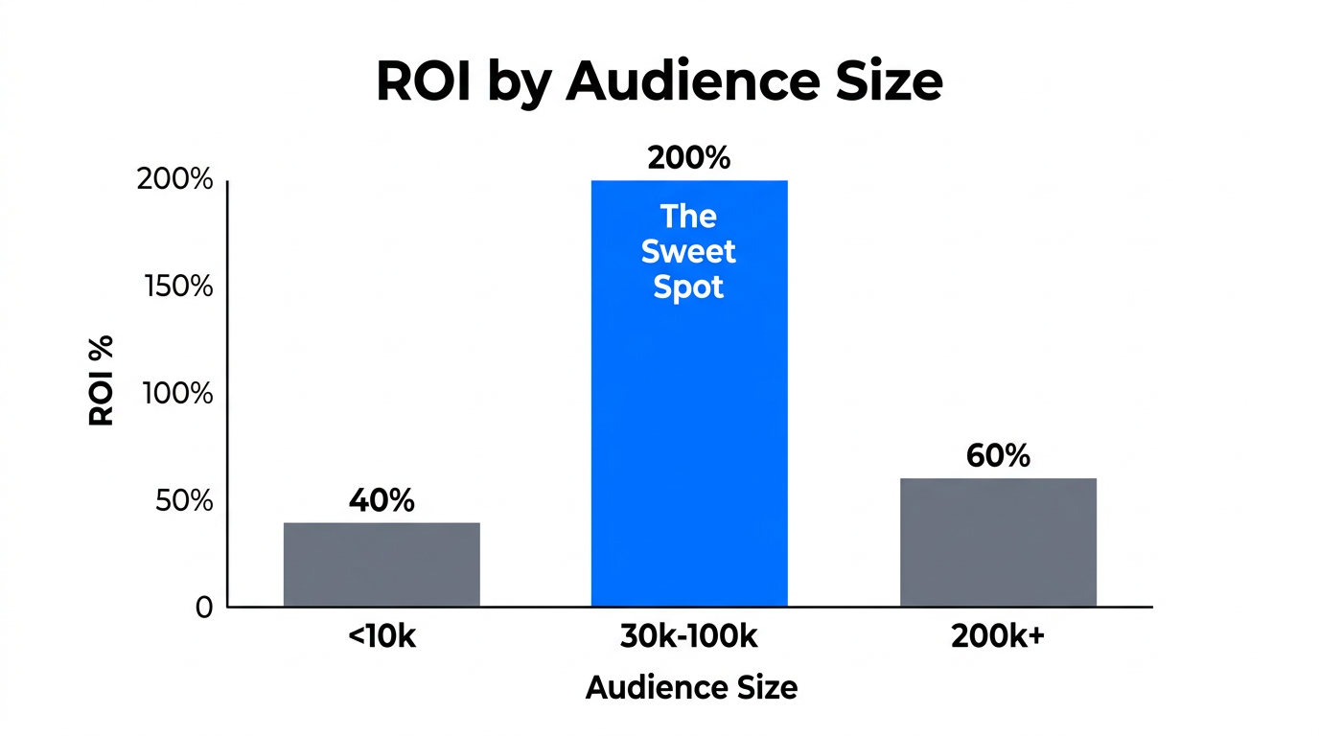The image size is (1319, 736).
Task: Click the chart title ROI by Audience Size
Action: point(659,81)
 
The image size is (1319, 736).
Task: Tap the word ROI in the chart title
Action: point(424,81)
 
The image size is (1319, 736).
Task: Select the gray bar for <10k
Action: point(382,564)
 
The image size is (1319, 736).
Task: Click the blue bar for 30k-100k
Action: point(688,431)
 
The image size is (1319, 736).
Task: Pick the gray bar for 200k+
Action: point(998,542)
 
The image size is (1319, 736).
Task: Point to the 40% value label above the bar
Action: point(382,500)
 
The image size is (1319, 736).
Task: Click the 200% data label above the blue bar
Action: point(688,158)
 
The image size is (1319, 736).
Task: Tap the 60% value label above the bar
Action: point(998,456)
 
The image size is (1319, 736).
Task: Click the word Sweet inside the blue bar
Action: point(688,252)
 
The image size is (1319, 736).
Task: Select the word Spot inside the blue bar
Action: point(688,287)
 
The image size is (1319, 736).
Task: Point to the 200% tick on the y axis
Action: point(174,179)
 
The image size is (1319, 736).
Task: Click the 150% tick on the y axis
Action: point(177,287)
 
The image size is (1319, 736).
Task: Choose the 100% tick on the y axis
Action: point(177,393)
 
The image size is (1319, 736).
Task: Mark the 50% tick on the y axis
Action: point(183,500)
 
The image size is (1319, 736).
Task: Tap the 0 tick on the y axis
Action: point(203,607)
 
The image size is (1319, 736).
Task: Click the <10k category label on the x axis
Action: point(382,638)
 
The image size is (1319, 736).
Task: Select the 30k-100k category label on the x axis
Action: point(688,638)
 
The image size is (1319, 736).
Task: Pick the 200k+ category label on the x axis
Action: point(998,638)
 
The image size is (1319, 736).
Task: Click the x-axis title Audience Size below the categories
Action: point(690,687)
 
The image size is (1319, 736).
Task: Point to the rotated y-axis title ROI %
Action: point(102,380)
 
